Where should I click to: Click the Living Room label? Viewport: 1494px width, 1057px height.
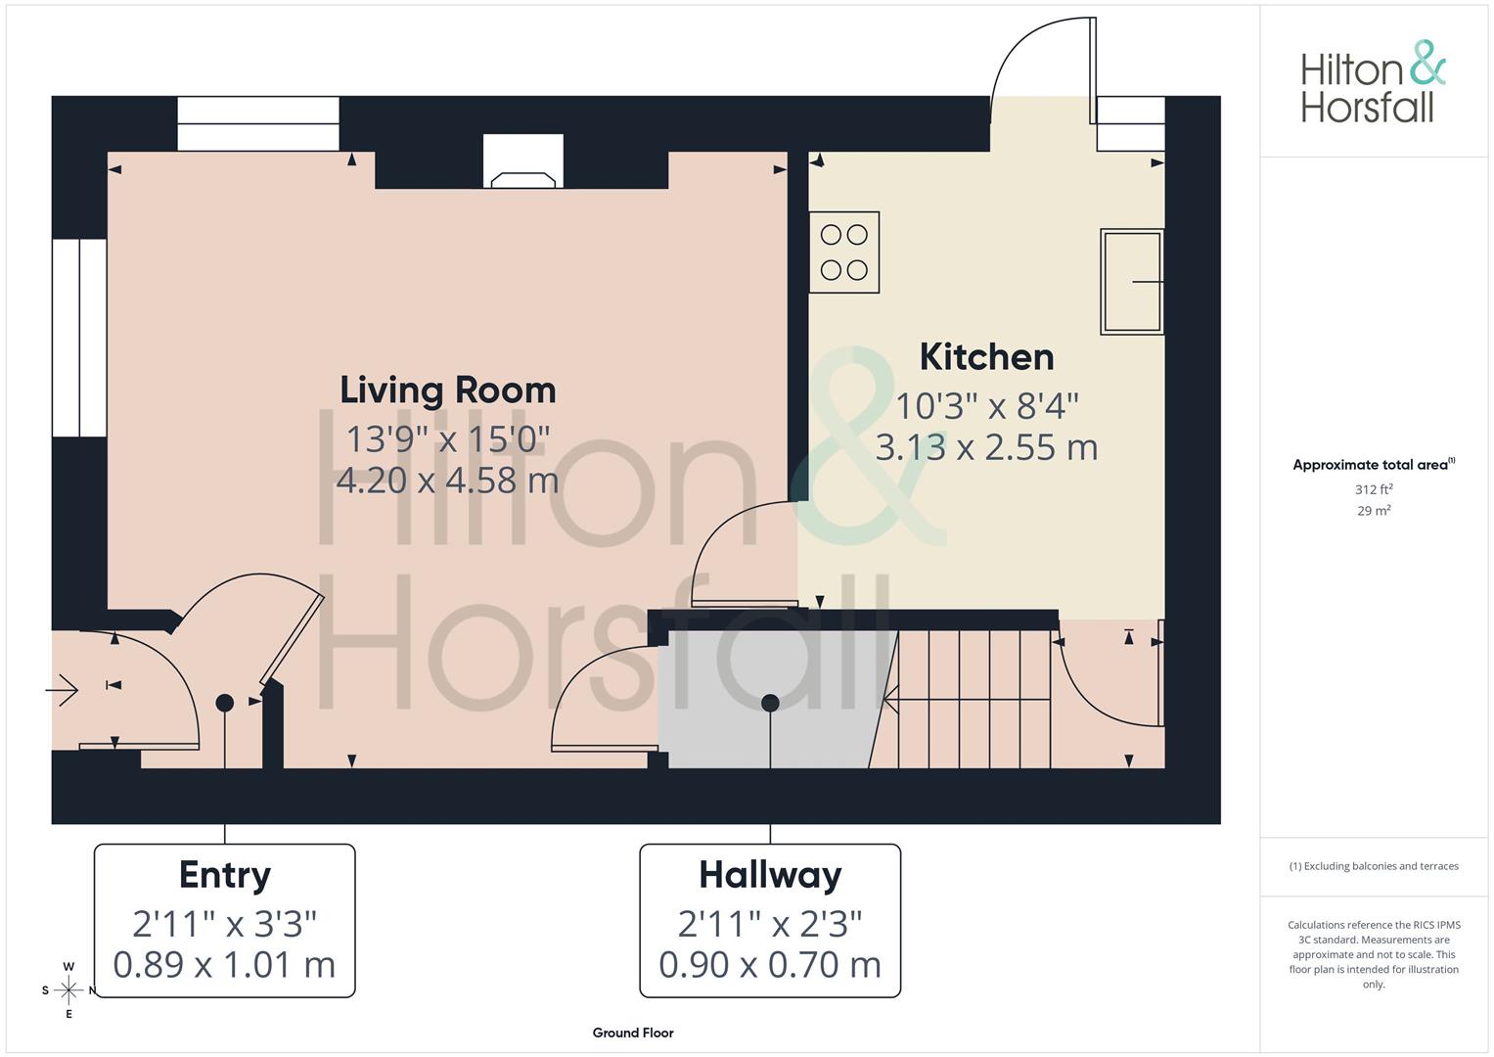tap(448, 391)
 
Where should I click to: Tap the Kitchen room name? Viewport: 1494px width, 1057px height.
tap(986, 357)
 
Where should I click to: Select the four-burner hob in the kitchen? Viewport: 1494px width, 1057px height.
tap(844, 252)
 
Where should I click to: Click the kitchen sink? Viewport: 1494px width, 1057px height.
tap(1131, 282)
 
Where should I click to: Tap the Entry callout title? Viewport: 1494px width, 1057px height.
tap(225, 875)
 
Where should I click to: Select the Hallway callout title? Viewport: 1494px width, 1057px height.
tap(770, 875)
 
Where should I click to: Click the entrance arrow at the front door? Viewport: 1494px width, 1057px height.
tap(63, 690)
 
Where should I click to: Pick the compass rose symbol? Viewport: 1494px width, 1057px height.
tap(68, 990)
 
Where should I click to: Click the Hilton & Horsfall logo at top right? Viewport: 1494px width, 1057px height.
tap(1373, 82)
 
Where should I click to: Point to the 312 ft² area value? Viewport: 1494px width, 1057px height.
tap(1374, 489)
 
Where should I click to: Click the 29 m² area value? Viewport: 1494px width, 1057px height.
tap(1374, 511)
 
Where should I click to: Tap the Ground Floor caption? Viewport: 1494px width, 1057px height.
tap(633, 1033)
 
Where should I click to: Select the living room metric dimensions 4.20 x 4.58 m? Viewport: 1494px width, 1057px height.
tap(448, 481)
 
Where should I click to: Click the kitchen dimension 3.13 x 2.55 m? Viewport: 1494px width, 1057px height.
tap(986, 447)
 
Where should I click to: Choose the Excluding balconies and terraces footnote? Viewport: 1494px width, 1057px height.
tap(1374, 866)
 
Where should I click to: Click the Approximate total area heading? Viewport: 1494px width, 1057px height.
tap(1372, 465)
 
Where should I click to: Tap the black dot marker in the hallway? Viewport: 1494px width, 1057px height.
tap(770, 703)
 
